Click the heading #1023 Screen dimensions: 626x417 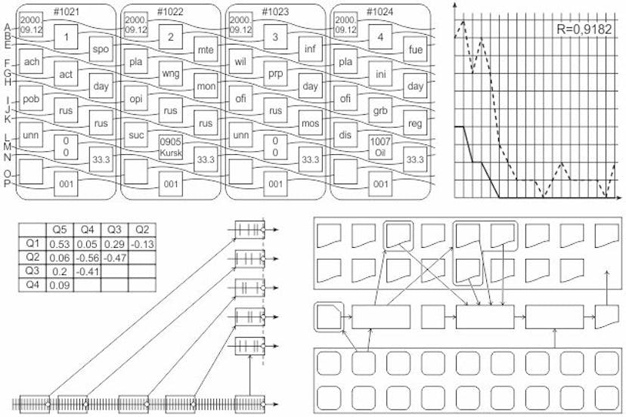point(275,11)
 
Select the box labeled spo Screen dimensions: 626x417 point(101,49)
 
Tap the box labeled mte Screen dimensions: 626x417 point(206,49)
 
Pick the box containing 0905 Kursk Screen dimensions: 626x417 point(170,147)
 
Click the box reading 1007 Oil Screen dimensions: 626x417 point(380,147)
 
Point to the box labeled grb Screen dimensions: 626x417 point(380,110)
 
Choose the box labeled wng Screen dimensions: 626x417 point(170,73)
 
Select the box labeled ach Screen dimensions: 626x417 point(31,61)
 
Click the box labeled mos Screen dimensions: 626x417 point(310,123)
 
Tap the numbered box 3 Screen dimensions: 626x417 point(275,37)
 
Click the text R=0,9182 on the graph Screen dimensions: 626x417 point(584,29)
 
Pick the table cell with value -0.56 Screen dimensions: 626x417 point(88,258)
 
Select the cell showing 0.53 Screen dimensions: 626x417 point(60,244)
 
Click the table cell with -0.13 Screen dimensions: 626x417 point(142,244)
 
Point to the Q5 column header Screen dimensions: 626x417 point(60,230)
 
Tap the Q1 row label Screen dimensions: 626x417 point(33,244)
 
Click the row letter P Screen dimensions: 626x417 point(7,184)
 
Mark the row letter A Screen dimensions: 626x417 point(7,27)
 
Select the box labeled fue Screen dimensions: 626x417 point(415,49)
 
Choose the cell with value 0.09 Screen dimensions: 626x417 point(60,286)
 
